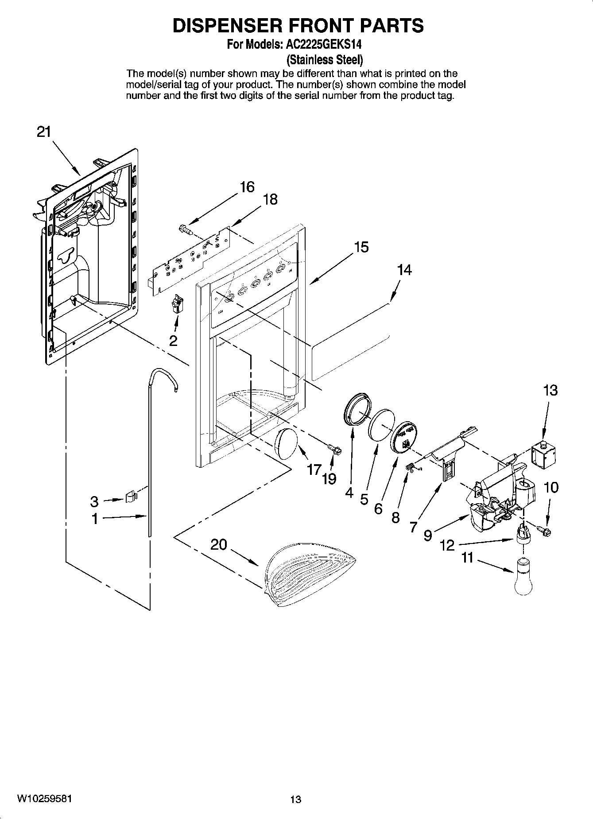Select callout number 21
tap(43, 132)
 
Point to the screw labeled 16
tap(184, 229)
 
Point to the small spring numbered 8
tap(411, 467)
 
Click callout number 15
tap(361, 247)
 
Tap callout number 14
tap(404, 270)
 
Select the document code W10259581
tap(43, 799)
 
